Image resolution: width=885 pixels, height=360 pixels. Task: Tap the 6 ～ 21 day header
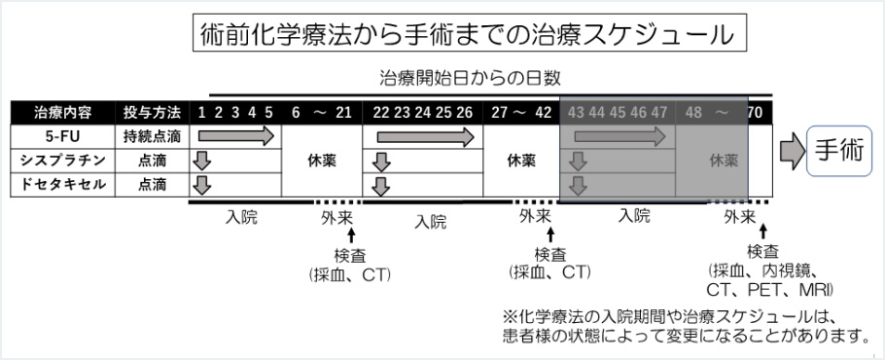(321, 112)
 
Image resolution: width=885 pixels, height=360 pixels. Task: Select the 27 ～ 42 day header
(520, 112)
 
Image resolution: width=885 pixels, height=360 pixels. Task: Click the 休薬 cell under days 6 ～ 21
(321, 161)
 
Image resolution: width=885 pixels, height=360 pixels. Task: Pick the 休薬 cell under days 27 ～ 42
(520, 161)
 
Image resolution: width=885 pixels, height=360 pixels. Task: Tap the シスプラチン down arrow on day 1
(201, 161)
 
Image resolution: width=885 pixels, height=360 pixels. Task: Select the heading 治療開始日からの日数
(470, 77)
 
